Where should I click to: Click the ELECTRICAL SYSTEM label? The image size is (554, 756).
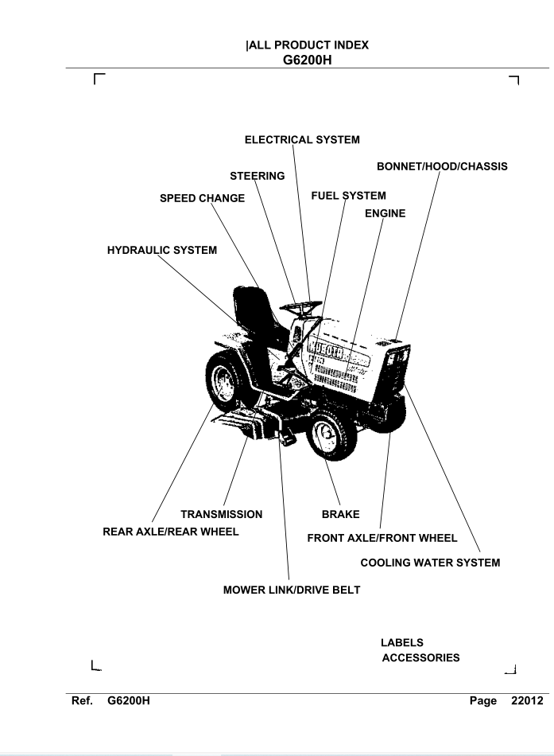[301, 140]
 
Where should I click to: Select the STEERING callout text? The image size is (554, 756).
[257, 176]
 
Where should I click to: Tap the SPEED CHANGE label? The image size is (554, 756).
[202, 198]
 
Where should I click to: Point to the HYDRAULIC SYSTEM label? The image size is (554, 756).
[161, 251]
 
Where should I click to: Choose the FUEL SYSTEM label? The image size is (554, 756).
[349, 195]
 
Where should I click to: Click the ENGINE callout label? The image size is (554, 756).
[385, 213]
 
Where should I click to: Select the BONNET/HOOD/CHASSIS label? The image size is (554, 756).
[441, 166]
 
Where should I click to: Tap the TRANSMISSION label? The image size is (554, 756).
[222, 514]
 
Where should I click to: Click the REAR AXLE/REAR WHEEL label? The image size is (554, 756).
[171, 531]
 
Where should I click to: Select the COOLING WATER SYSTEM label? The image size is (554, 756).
[430, 563]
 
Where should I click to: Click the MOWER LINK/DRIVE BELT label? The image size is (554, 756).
[292, 591]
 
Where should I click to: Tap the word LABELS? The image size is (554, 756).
[402, 641]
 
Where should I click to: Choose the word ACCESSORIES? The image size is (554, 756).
[420, 658]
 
